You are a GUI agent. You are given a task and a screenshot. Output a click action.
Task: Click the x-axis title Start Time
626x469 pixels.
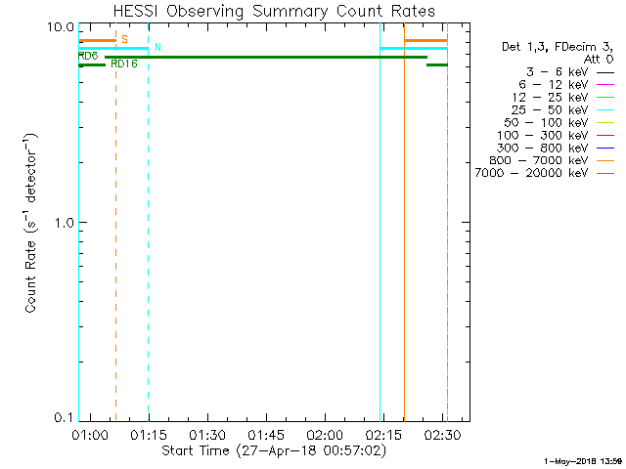click(x=274, y=450)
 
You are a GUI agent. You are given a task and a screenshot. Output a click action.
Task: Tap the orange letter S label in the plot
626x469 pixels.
click(x=124, y=39)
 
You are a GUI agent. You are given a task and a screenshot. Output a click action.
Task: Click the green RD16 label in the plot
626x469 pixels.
click(x=124, y=64)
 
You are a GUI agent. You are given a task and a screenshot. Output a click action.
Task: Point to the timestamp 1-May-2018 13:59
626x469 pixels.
click(x=583, y=460)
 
